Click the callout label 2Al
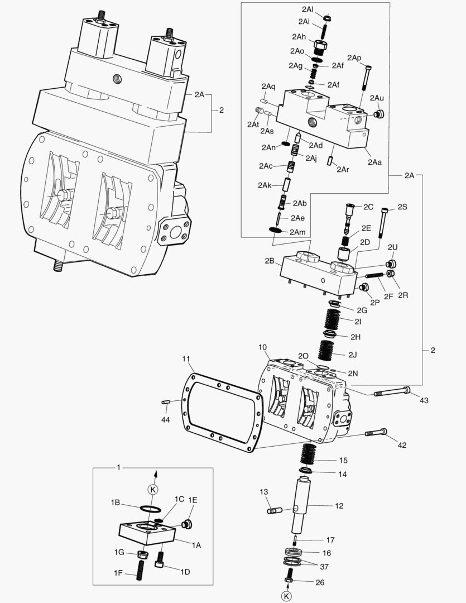click(x=307, y=10)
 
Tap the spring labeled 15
click(x=309, y=453)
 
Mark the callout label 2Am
click(x=297, y=232)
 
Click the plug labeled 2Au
click(x=379, y=114)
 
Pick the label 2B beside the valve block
click(x=270, y=260)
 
